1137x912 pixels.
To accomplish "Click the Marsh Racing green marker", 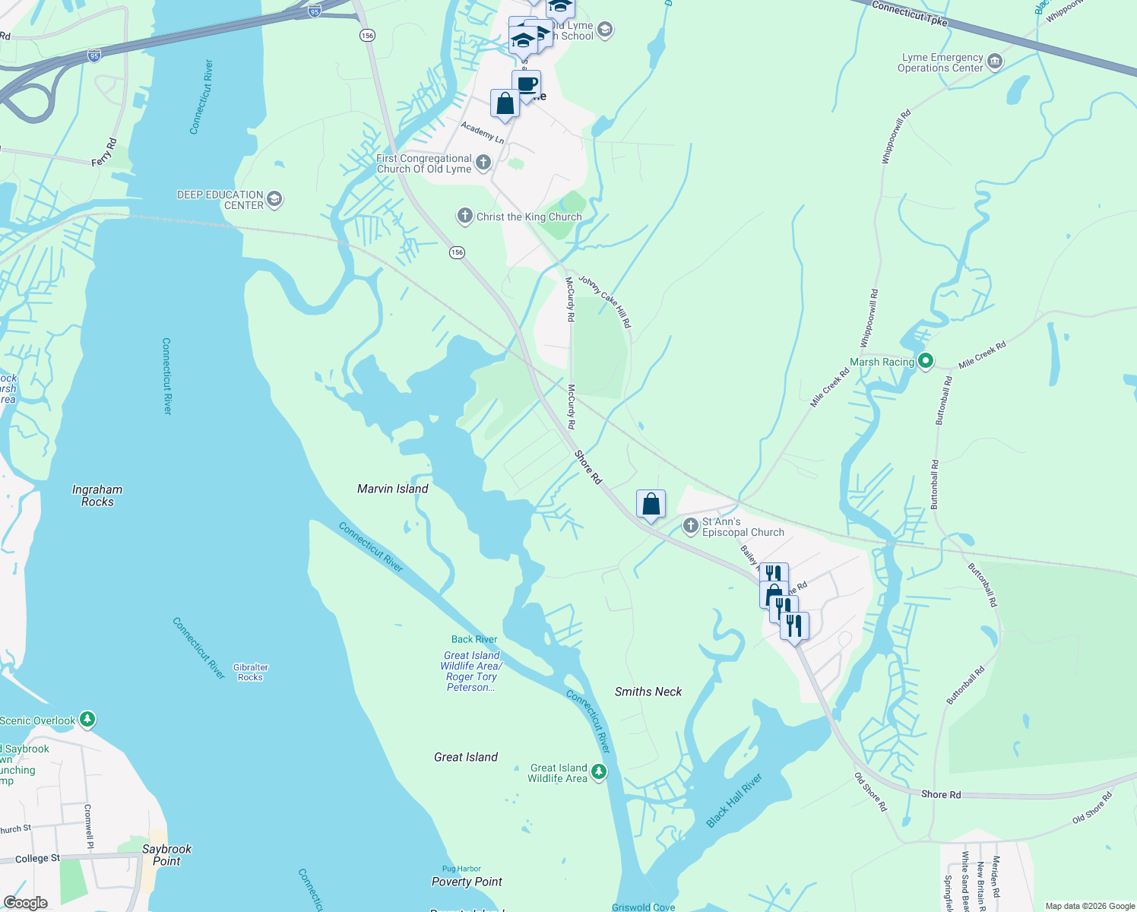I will [925, 361].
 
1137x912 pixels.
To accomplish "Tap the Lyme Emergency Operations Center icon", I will [994, 62].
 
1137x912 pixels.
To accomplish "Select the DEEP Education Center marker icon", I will [274, 199].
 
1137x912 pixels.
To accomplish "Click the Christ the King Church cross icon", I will [464, 216].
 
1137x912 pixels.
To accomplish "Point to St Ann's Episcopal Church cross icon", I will [690, 525].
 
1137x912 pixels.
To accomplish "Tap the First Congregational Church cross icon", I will [483, 163].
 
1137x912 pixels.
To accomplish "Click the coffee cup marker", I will [526, 84].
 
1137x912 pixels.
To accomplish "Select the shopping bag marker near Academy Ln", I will [505, 103].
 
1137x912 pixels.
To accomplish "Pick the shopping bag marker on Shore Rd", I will [651, 504].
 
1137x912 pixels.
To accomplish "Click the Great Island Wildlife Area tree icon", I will [599, 772].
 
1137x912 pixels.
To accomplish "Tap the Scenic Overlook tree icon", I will [87, 719].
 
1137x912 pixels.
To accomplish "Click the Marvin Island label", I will [392, 489].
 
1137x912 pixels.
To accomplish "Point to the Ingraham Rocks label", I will [97, 496].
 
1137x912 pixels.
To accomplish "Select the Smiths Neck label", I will [648, 692].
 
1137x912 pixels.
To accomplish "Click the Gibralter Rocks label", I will [251, 672].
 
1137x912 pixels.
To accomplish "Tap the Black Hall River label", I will [733, 801].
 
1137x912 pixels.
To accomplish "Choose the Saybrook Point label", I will [166, 855].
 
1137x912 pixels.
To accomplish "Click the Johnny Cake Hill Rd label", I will [605, 302].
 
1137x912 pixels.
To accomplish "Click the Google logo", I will [26, 902].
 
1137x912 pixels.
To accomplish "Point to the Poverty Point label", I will [467, 882].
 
